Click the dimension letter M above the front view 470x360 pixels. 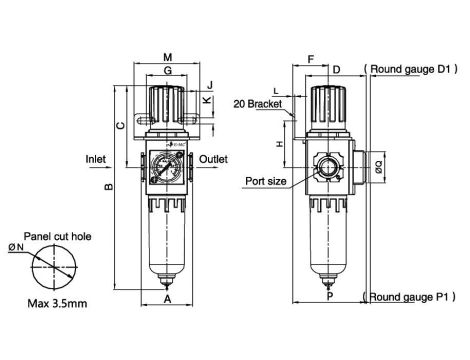[x=168, y=57]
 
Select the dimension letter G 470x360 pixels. [x=168, y=70]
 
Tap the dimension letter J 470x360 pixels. [x=210, y=85]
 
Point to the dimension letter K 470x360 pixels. [x=208, y=100]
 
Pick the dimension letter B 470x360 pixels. [x=109, y=187]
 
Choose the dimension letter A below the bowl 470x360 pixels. [x=168, y=299]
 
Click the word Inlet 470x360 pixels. [x=96, y=159]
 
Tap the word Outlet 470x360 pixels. [x=213, y=159]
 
